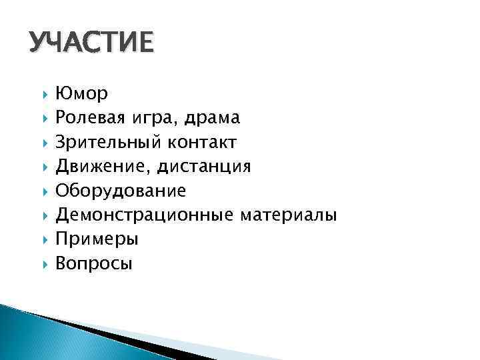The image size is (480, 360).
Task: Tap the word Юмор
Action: click(x=84, y=94)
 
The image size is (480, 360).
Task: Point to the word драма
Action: click(x=213, y=119)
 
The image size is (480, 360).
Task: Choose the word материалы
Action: click(x=288, y=215)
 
